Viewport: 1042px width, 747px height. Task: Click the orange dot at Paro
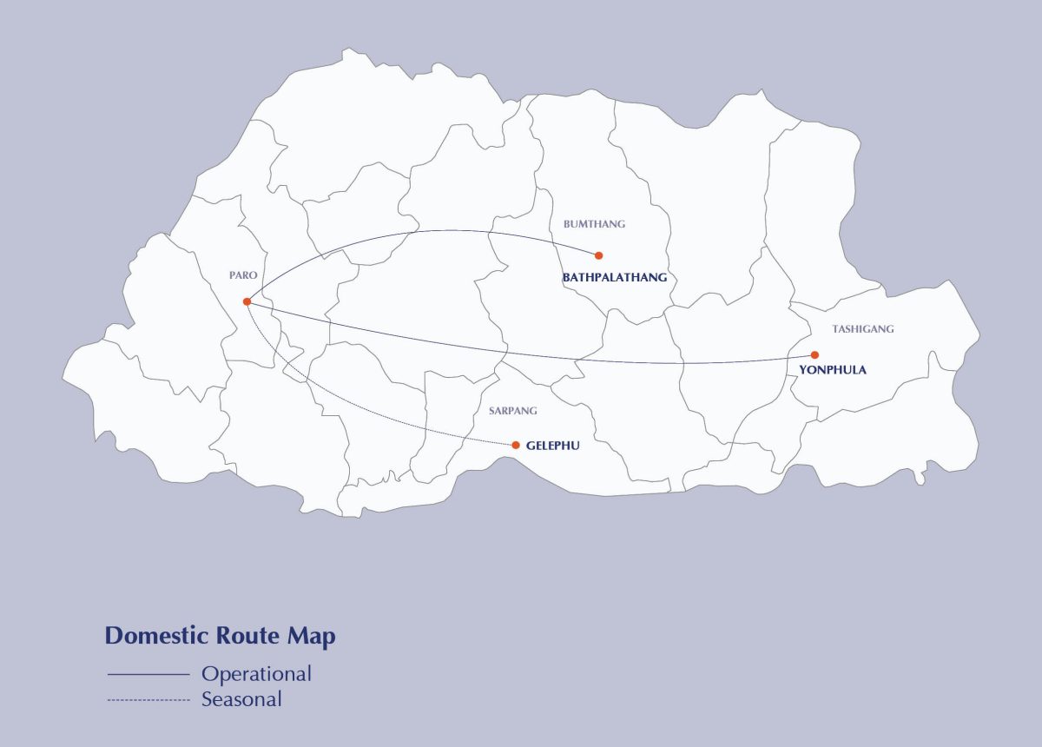point(247,301)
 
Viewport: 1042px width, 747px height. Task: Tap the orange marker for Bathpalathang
point(598,255)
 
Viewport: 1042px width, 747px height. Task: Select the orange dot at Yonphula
point(814,354)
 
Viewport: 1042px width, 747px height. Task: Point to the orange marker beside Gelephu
point(516,445)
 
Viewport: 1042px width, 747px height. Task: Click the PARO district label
point(243,274)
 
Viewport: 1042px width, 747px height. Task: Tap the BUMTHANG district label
point(594,224)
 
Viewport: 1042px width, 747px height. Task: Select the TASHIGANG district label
point(862,329)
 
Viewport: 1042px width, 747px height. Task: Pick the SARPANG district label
point(512,410)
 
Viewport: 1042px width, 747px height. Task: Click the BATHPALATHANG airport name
point(615,278)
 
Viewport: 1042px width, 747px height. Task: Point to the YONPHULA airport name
point(832,370)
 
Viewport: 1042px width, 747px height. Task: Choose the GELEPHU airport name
point(552,446)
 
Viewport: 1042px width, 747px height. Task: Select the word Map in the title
point(311,637)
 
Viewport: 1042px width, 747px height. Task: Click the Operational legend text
point(256,674)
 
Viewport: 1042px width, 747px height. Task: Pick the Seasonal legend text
point(241,698)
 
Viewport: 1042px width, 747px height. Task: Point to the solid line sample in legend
point(148,674)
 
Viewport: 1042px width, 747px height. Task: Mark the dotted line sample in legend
point(148,699)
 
